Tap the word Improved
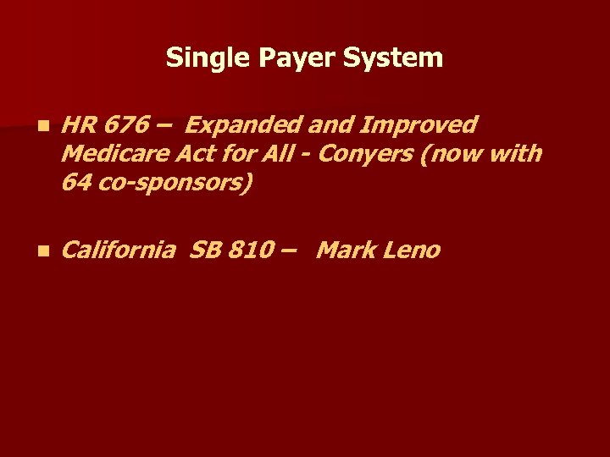tap(419, 125)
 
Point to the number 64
tap(75, 182)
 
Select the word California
tap(119, 251)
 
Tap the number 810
tap(248, 251)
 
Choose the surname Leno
tap(412, 251)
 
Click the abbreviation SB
tap(204, 251)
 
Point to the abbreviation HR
tap(78, 125)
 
